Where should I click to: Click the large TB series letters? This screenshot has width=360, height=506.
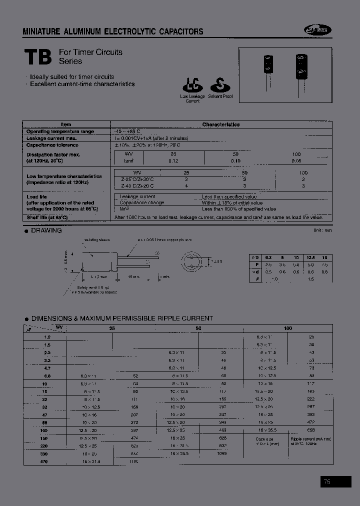click(38, 57)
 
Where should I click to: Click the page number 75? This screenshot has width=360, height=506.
click(327, 481)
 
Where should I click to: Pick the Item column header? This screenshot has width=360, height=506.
click(66, 124)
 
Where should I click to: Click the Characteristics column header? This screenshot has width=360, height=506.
click(220, 124)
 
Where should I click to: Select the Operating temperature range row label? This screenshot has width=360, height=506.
click(59, 131)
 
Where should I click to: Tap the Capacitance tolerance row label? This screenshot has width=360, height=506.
click(52, 145)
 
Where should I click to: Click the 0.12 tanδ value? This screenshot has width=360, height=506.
click(173, 161)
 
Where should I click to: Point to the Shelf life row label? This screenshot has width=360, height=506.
click(46, 217)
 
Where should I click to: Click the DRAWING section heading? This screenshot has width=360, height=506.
click(46, 230)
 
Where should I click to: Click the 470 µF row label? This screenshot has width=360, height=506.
click(44, 461)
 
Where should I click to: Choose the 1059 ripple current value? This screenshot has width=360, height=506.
click(222, 453)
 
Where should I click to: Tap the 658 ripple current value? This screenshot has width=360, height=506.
click(311, 429)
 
